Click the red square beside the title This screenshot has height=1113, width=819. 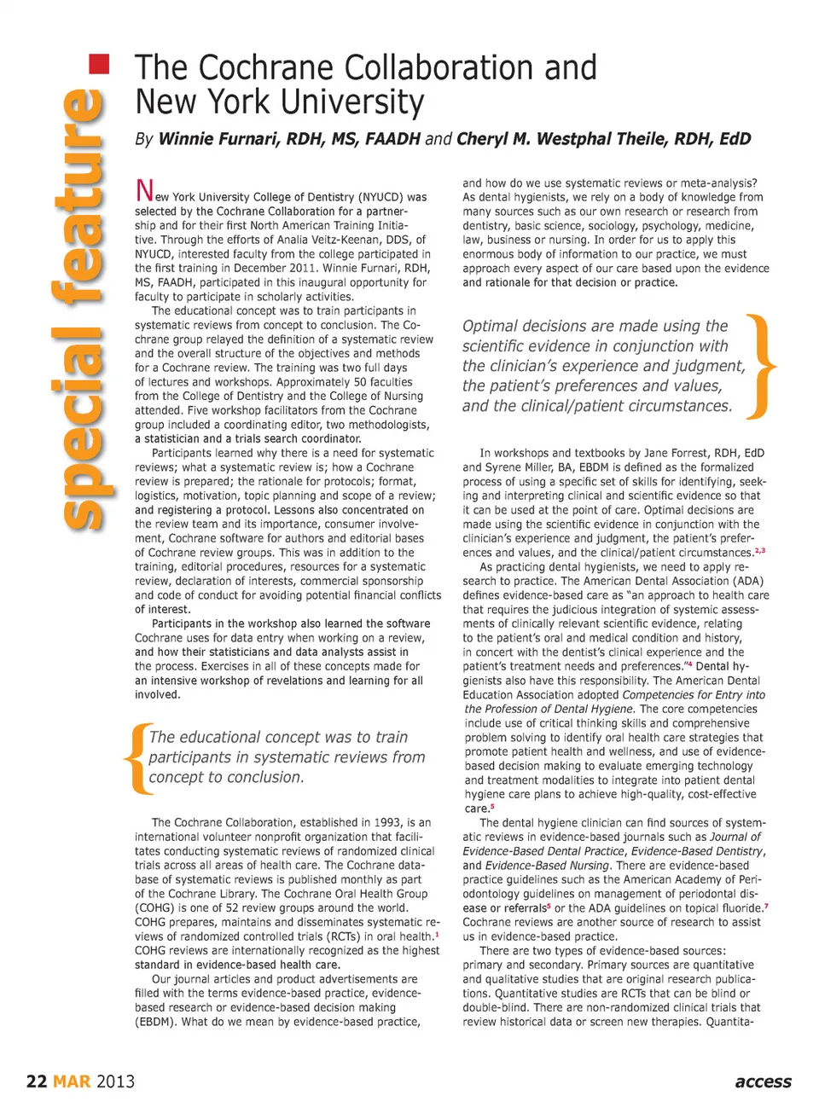(100, 64)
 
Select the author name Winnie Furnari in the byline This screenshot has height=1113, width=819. (218, 139)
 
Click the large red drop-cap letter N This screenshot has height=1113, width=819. (144, 191)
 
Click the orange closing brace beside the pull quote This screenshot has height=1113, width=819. (760, 367)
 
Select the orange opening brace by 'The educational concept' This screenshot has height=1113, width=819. (136, 757)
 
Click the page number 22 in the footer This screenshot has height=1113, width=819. (37, 1081)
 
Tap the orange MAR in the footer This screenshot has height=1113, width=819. (72, 1081)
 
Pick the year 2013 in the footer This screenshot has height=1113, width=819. (115, 1081)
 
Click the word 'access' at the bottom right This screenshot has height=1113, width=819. (763, 1081)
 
